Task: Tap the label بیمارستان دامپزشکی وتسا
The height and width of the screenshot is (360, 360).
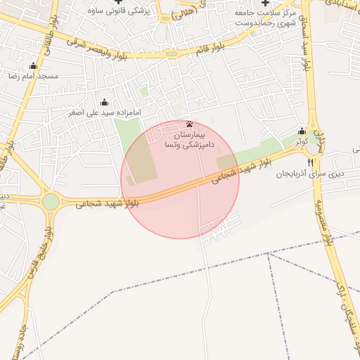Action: click(x=189, y=138)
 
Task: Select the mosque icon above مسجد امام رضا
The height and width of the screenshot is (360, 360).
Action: click(x=33, y=66)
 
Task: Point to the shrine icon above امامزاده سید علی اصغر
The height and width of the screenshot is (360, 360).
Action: click(x=105, y=103)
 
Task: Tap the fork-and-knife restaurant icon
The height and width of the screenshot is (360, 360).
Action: click(x=311, y=164)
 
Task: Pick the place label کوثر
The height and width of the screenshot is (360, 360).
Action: click(x=302, y=141)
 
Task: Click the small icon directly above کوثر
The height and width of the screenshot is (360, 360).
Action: click(x=302, y=131)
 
